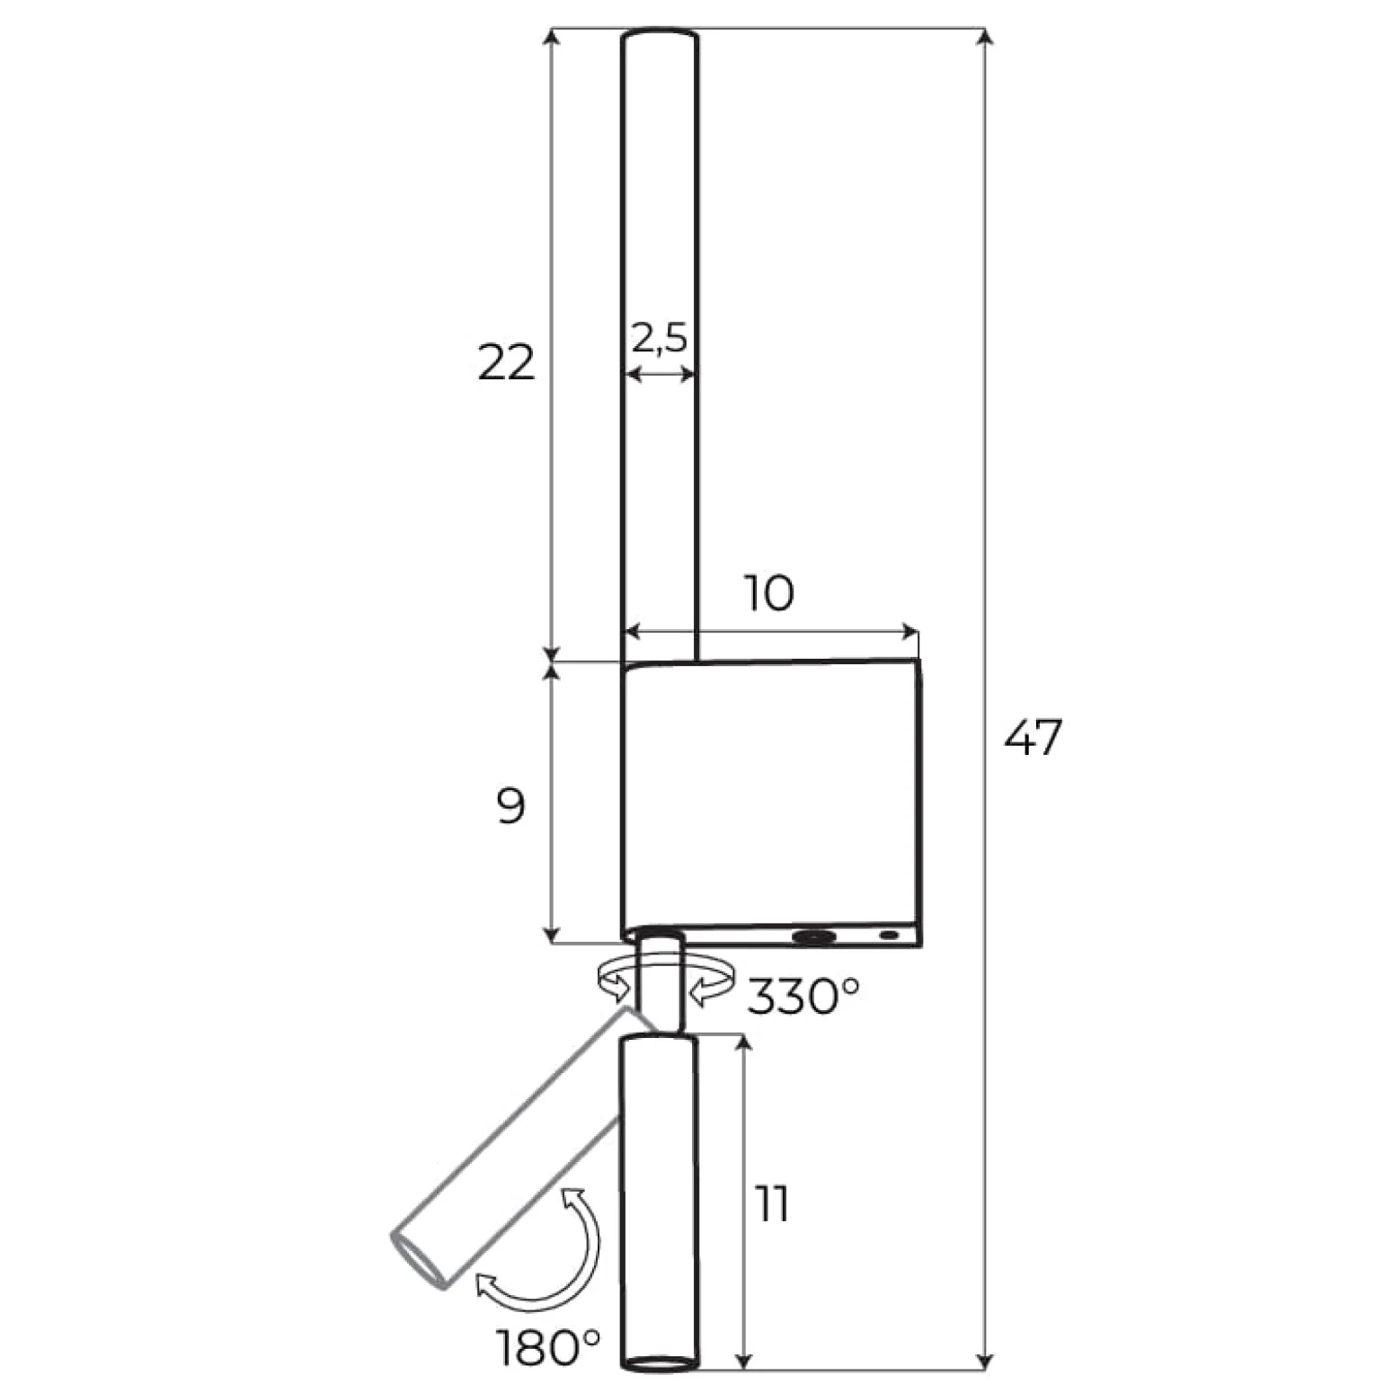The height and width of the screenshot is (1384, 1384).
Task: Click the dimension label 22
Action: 506,363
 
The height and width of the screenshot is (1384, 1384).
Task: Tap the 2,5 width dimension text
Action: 659,338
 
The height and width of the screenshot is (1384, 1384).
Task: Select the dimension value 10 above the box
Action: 769,593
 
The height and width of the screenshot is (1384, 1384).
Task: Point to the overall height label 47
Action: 1034,738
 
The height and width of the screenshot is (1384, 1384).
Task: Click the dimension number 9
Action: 510,807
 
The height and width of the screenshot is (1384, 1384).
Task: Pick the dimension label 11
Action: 772,1204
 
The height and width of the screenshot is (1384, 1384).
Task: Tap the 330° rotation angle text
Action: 803,996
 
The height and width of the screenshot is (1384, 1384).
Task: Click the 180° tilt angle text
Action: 548,1347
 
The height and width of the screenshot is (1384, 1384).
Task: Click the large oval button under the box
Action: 813,937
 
